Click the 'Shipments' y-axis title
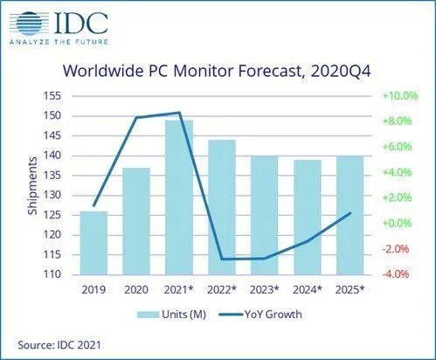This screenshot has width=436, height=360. click(31, 185)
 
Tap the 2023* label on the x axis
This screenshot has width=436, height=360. click(264, 289)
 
